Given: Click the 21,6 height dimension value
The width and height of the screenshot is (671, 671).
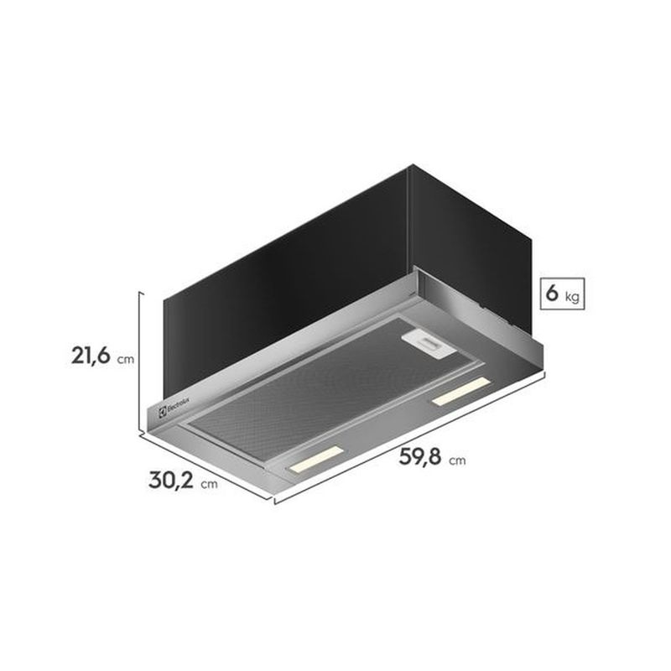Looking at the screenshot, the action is [91, 356].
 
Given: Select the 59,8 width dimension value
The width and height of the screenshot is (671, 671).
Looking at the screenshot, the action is [420, 456].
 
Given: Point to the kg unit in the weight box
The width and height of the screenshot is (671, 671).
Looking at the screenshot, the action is [572, 297].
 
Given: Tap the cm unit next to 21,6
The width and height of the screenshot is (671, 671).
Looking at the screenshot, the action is [126, 359].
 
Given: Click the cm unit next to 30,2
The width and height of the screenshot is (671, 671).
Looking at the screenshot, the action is [209, 484].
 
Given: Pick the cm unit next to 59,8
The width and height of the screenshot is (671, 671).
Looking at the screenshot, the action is [457, 460].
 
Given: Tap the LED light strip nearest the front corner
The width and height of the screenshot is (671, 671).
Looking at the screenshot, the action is [316, 459].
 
